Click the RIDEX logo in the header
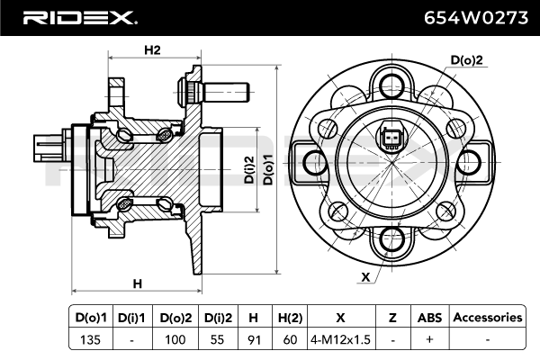tap(78, 16)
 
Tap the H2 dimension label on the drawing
tap(151, 50)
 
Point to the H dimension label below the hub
tap(137, 284)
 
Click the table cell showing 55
tap(218, 339)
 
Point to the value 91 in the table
tap(253, 339)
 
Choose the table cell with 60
tap(291, 339)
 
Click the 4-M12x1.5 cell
tap(340, 339)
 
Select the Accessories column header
tap(487, 317)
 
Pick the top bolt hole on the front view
tap(391, 86)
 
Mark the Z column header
tap(392, 317)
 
